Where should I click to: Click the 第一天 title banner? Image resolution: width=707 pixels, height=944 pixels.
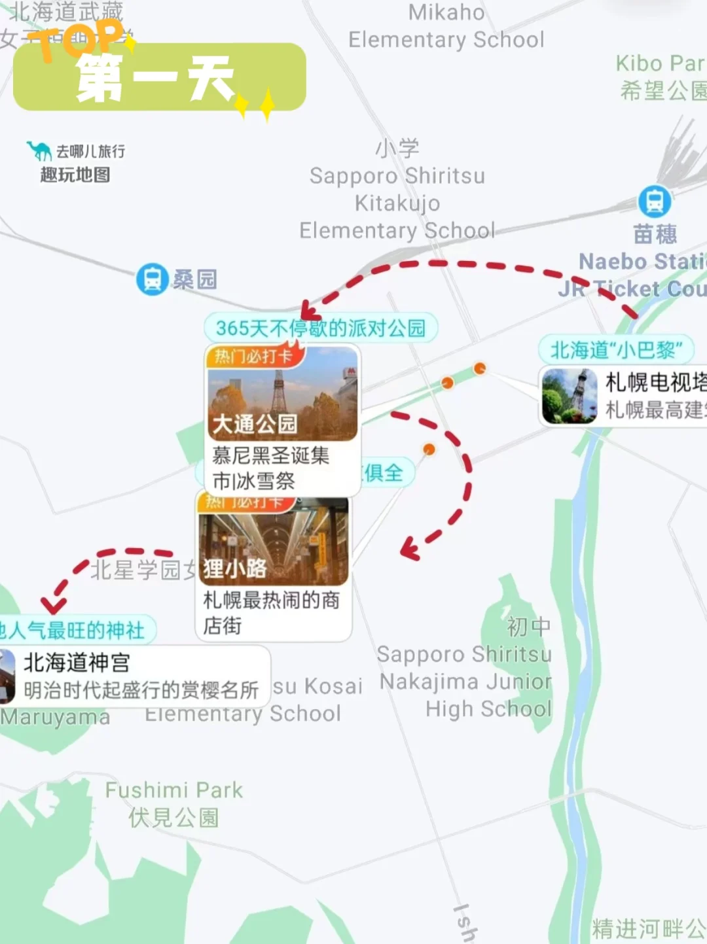[x=159, y=77]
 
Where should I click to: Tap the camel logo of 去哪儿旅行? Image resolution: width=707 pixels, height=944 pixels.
[x=39, y=151]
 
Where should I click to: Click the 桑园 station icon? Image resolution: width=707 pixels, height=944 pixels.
[x=152, y=279]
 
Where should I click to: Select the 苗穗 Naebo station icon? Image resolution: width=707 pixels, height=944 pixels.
[x=654, y=201]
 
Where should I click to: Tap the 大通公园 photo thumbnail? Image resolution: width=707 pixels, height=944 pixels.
[x=282, y=393]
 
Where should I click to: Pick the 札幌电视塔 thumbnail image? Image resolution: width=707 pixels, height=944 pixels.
[x=569, y=396]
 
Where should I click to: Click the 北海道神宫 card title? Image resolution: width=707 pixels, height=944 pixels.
[x=77, y=663]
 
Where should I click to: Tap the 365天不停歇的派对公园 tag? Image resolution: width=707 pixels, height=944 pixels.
[x=320, y=328]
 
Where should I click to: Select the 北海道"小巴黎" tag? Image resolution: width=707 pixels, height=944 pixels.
[x=615, y=350]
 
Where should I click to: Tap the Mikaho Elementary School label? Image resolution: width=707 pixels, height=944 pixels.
[x=446, y=26]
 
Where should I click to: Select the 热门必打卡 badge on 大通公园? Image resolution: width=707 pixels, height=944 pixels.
[x=254, y=357]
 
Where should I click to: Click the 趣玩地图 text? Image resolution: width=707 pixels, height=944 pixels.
[x=75, y=175]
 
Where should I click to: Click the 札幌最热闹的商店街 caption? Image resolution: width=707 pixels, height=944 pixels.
[x=271, y=612]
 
